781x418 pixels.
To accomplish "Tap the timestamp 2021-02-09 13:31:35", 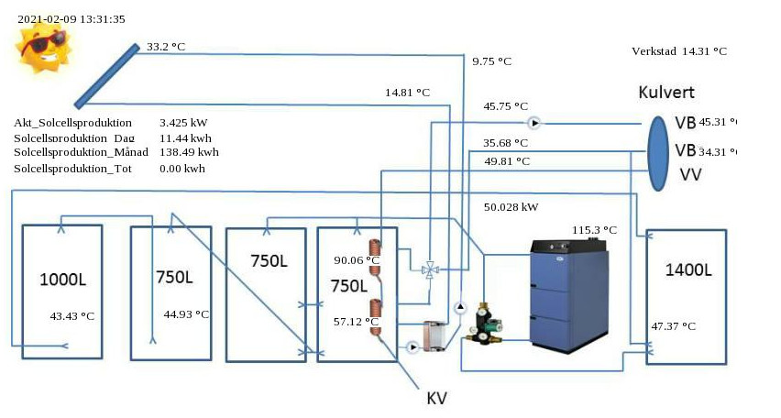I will pyautogui.click(x=71, y=18).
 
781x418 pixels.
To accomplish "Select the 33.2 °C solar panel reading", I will pyautogui.click(x=166, y=45).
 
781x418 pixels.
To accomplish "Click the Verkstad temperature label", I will pyautogui.click(x=679, y=51).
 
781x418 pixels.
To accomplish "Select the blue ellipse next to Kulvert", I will pyautogui.click(x=658, y=153).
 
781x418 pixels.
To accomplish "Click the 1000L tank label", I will pyautogui.click(x=62, y=278).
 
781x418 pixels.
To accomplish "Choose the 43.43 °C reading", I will pyautogui.click(x=72, y=315).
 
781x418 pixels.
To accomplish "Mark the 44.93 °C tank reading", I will pyautogui.click(x=186, y=314).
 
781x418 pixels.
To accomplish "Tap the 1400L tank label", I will pyautogui.click(x=687, y=269).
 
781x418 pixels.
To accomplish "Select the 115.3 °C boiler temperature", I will pyautogui.click(x=595, y=229).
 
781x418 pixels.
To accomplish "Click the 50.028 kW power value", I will pyautogui.click(x=511, y=207).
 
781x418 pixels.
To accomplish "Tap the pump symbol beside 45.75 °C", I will pyautogui.click(x=535, y=122).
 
